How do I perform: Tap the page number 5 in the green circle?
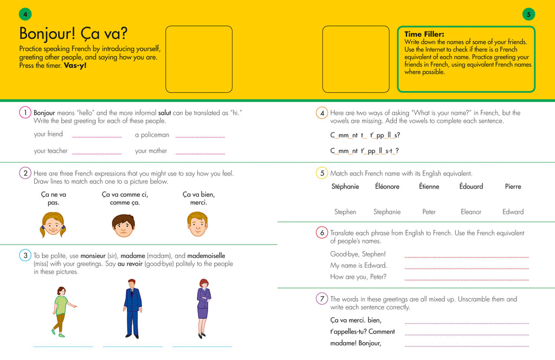529,14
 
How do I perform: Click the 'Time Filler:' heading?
424,34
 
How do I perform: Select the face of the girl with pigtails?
52,224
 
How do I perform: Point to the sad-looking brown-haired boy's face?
124,224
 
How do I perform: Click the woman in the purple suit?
203,308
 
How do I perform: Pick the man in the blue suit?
132,308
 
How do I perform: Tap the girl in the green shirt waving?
61,311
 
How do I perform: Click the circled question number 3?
25,255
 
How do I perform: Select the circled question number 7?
322,299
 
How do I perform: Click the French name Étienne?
429,187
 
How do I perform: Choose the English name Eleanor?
471,212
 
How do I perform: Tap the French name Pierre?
513,187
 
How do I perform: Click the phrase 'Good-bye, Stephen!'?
358,254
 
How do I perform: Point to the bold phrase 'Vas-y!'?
75,66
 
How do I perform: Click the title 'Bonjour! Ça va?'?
73,34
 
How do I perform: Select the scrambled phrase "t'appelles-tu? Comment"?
363,331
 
